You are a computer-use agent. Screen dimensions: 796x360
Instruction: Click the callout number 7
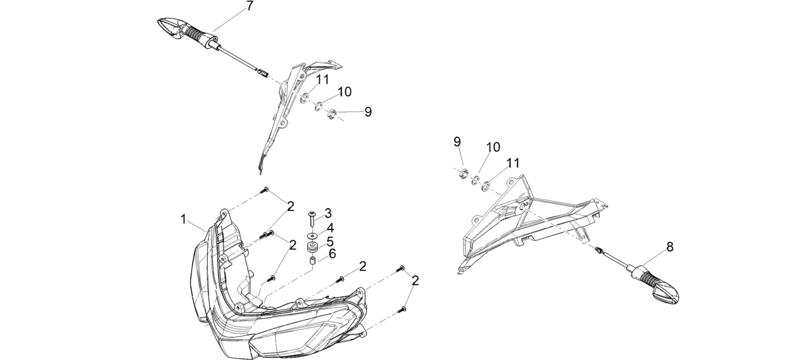click(x=249, y=6)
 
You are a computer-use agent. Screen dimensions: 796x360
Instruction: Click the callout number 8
click(x=670, y=247)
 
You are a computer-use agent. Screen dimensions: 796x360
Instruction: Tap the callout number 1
click(x=183, y=219)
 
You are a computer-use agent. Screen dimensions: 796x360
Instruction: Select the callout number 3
click(x=328, y=213)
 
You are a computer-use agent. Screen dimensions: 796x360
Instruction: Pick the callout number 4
click(x=330, y=228)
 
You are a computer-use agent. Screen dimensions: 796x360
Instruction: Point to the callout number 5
click(x=330, y=242)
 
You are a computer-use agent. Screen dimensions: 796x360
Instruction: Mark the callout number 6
click(x=332, y=254)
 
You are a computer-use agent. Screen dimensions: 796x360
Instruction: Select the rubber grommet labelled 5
click(x=313, y=247)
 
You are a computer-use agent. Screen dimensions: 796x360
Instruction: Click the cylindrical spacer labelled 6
click(x=313, y=260)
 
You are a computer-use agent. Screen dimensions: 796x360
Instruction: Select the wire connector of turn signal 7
click(x=262, y=73)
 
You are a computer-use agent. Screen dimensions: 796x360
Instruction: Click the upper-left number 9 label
click(x=368, y=112)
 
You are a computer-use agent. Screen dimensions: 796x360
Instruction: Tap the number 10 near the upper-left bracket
click(x=344, y=92)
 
